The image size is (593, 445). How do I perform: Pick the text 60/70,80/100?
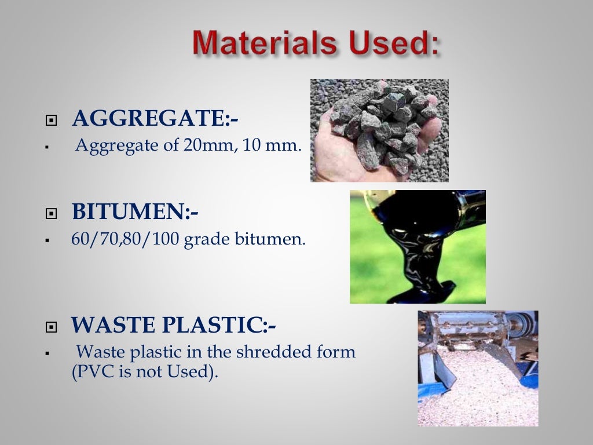point(125,239)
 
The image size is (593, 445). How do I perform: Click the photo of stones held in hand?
point(379,130)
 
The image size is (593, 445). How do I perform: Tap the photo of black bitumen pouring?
point(418,247)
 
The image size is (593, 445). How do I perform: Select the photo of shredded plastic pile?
point(478,369)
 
